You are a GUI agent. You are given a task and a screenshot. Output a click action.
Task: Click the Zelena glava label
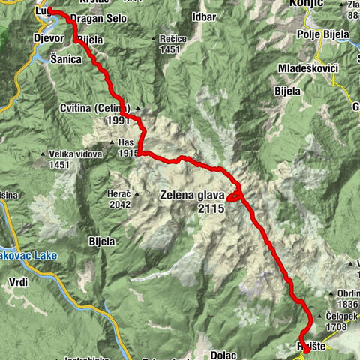coord(192,196)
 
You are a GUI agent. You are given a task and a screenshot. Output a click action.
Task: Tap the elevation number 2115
coord(211,211)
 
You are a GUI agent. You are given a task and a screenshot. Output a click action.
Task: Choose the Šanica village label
coord(67,57)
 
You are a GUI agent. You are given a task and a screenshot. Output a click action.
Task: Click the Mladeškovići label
coord(311,68)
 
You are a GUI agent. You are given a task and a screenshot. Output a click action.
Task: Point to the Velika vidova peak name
coord(75,155)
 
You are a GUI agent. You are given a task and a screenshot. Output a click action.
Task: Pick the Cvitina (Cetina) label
coord(97,109)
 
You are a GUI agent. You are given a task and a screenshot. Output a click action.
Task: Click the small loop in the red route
coord(235,196)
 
